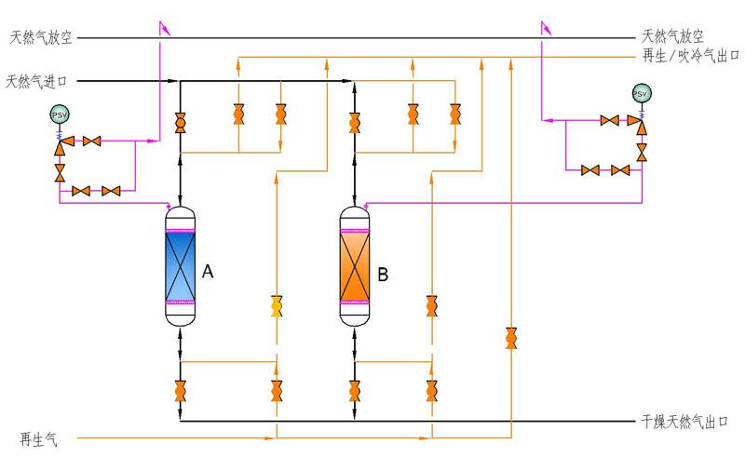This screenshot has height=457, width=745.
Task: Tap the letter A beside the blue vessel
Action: click(208, 273)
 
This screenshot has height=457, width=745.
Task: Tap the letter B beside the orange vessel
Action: click(383, 275)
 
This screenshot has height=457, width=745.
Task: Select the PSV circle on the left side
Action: click(61, 114)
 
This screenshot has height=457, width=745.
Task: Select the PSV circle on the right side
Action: click(641, 94)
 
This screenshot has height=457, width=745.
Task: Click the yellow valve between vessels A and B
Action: click(277, 305)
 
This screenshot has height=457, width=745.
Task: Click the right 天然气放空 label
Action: click(671, 38)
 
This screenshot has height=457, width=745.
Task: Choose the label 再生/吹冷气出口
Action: click(690, 57)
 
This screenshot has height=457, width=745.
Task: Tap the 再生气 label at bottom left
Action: click(38, 438)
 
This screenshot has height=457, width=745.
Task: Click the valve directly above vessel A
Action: click(180, 123)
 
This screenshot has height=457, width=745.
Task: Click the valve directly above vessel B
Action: click(354, 123)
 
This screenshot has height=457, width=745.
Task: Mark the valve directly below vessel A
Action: click(180, 390)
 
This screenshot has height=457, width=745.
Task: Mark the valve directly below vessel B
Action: click(354, 390)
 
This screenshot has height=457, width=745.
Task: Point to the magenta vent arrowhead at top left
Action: click(165, 28)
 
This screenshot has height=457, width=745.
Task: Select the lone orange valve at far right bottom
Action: click(510, 338)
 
